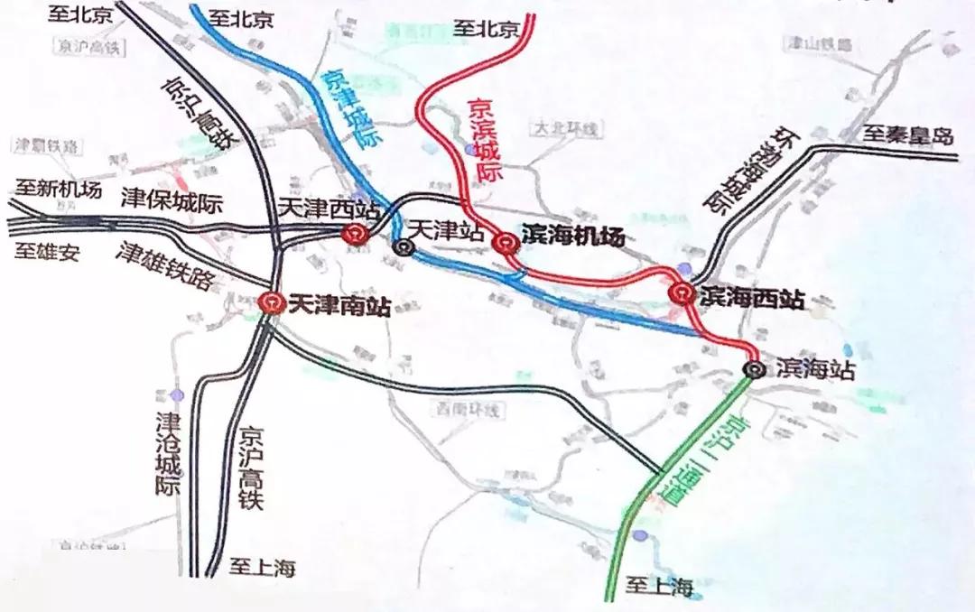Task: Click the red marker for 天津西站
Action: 353,235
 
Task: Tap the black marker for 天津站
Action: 402,246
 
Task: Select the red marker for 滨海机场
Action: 505,241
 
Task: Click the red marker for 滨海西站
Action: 681,292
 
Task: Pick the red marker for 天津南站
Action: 269,303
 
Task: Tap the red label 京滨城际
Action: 486,139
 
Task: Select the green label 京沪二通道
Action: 701,461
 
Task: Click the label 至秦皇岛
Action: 906,136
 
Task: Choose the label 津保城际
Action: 172,202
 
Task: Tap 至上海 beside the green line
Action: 661,587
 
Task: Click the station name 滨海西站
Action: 752,299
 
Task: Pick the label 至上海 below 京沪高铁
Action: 262,568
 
